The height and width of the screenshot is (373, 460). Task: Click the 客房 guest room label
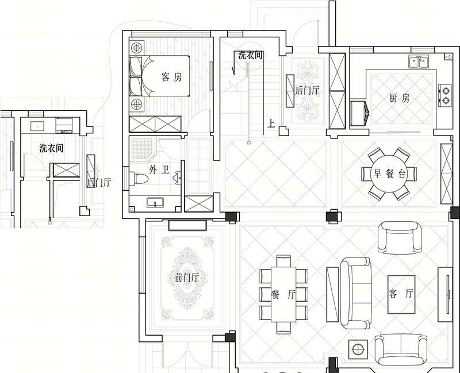pos(171,77)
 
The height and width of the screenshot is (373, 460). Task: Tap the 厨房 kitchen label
pos(400,98)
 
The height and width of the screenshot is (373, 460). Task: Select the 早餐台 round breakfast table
pos(389,174)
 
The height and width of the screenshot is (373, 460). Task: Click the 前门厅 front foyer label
pos(187,278)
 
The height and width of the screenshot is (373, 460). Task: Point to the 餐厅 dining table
pos(283,294)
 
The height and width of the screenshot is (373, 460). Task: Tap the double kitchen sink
pos(419,61)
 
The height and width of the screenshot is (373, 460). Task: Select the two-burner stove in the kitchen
pos(444,95)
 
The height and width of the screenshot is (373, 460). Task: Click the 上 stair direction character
pos(271,124)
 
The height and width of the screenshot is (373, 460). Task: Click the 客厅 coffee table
pos(401,294)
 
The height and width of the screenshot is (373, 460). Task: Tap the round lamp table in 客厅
pos(358,349)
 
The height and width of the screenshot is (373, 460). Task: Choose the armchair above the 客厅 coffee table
pos(400,238)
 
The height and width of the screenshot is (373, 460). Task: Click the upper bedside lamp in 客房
pos(137,48)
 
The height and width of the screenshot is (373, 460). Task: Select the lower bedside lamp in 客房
pos(137,104)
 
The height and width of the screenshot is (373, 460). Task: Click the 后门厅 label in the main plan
pos(307,90)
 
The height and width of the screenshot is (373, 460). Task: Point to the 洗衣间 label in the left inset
pos(51,148)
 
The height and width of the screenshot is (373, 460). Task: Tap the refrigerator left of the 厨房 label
pos(359,113)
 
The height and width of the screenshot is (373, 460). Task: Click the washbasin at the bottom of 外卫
pos(155,202)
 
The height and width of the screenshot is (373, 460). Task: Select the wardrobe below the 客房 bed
pos(155,124)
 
